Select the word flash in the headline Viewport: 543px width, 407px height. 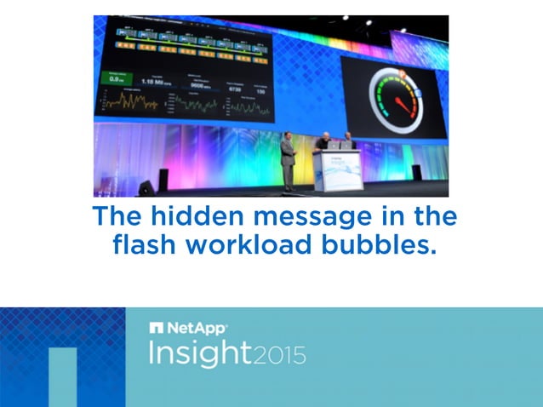(x=145, y=246)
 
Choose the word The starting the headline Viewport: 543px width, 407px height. (x=117, y=217)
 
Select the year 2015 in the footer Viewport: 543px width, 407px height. (x=280, y=354)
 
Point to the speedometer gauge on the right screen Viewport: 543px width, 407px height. (x=393, y=99)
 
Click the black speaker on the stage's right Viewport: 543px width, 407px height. (x=416, y=172)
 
